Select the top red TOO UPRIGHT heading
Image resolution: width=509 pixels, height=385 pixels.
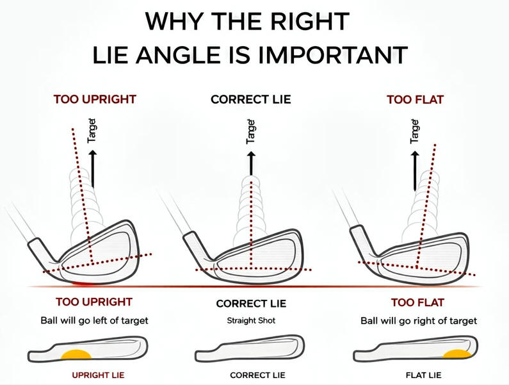tap(95, 99)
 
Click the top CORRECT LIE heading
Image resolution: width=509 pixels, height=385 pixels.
tap(250, 99)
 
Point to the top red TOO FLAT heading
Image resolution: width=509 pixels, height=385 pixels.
tap(415, 99)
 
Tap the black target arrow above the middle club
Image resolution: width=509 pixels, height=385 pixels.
tap(251, 164)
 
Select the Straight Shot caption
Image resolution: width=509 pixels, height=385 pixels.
tap(251, 320)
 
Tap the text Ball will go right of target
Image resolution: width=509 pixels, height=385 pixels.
tap(419, 320)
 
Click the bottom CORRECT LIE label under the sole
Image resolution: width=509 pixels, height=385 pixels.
tap(251, 374)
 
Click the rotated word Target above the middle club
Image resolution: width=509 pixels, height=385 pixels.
tap(251, 131)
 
